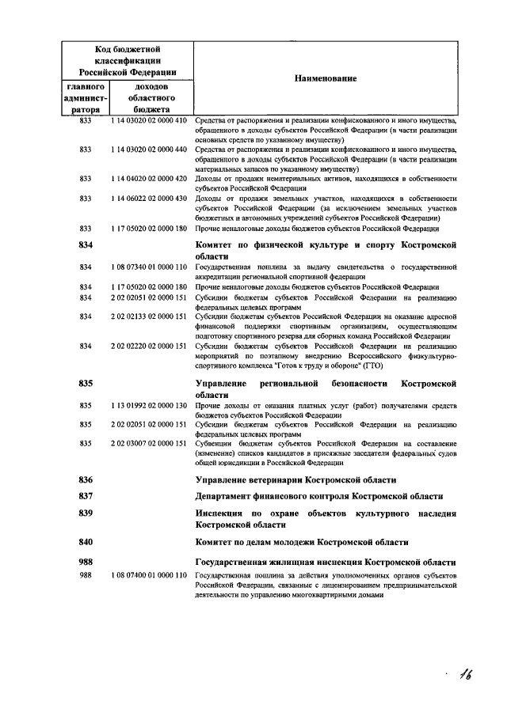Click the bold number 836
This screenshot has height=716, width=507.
click(x=86, y=479)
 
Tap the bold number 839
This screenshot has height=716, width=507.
click(x=86, y=513)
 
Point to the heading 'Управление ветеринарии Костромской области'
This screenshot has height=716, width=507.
click(x=295, y=479)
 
